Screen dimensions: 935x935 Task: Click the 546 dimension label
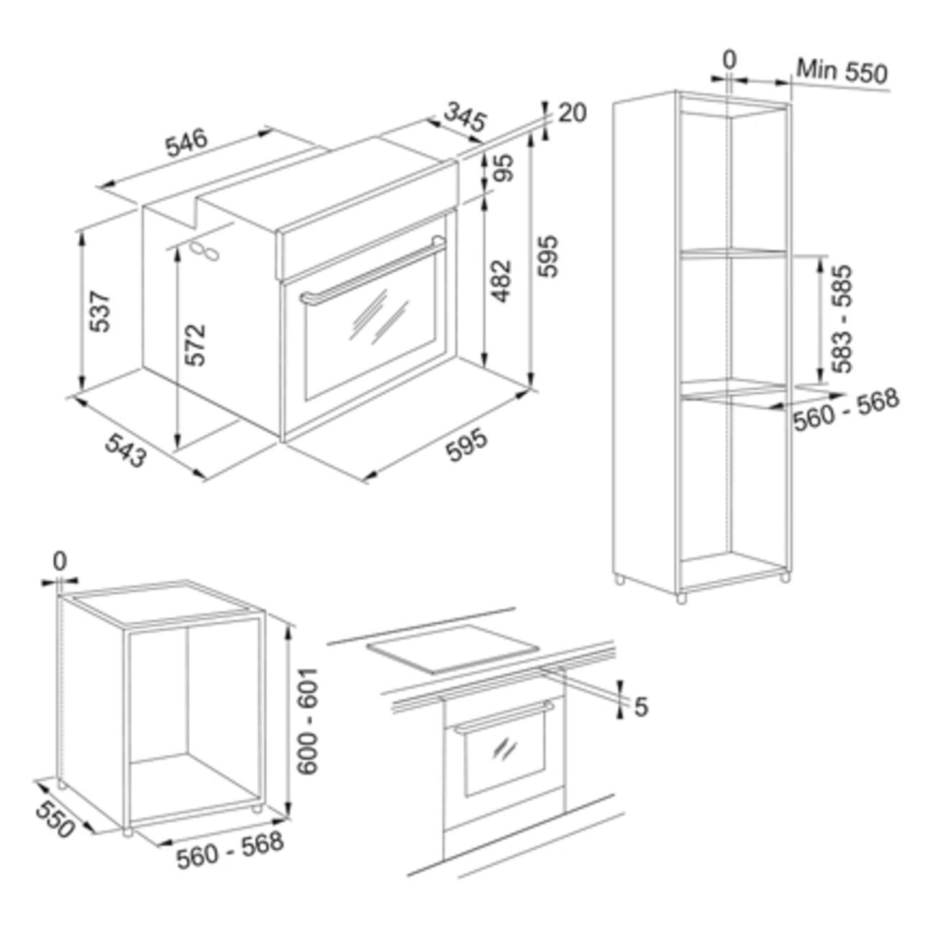[186, 142]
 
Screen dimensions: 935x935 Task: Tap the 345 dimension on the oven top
[465, 116]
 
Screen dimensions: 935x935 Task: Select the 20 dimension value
[573, 112]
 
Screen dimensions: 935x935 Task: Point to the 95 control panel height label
[505, 167]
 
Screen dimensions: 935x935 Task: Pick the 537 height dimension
[101, 311]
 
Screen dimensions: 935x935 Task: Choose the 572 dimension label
[196, 345]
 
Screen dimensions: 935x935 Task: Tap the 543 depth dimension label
[126, 450]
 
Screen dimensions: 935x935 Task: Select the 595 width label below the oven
[466, 444]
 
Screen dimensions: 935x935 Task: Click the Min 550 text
[841, 71]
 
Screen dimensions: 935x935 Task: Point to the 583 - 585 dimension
[841, 319]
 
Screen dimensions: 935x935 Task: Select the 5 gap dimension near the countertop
[641, 707]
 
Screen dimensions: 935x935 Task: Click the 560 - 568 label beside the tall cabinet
[847, 410]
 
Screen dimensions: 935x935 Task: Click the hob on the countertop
[452, 649]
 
